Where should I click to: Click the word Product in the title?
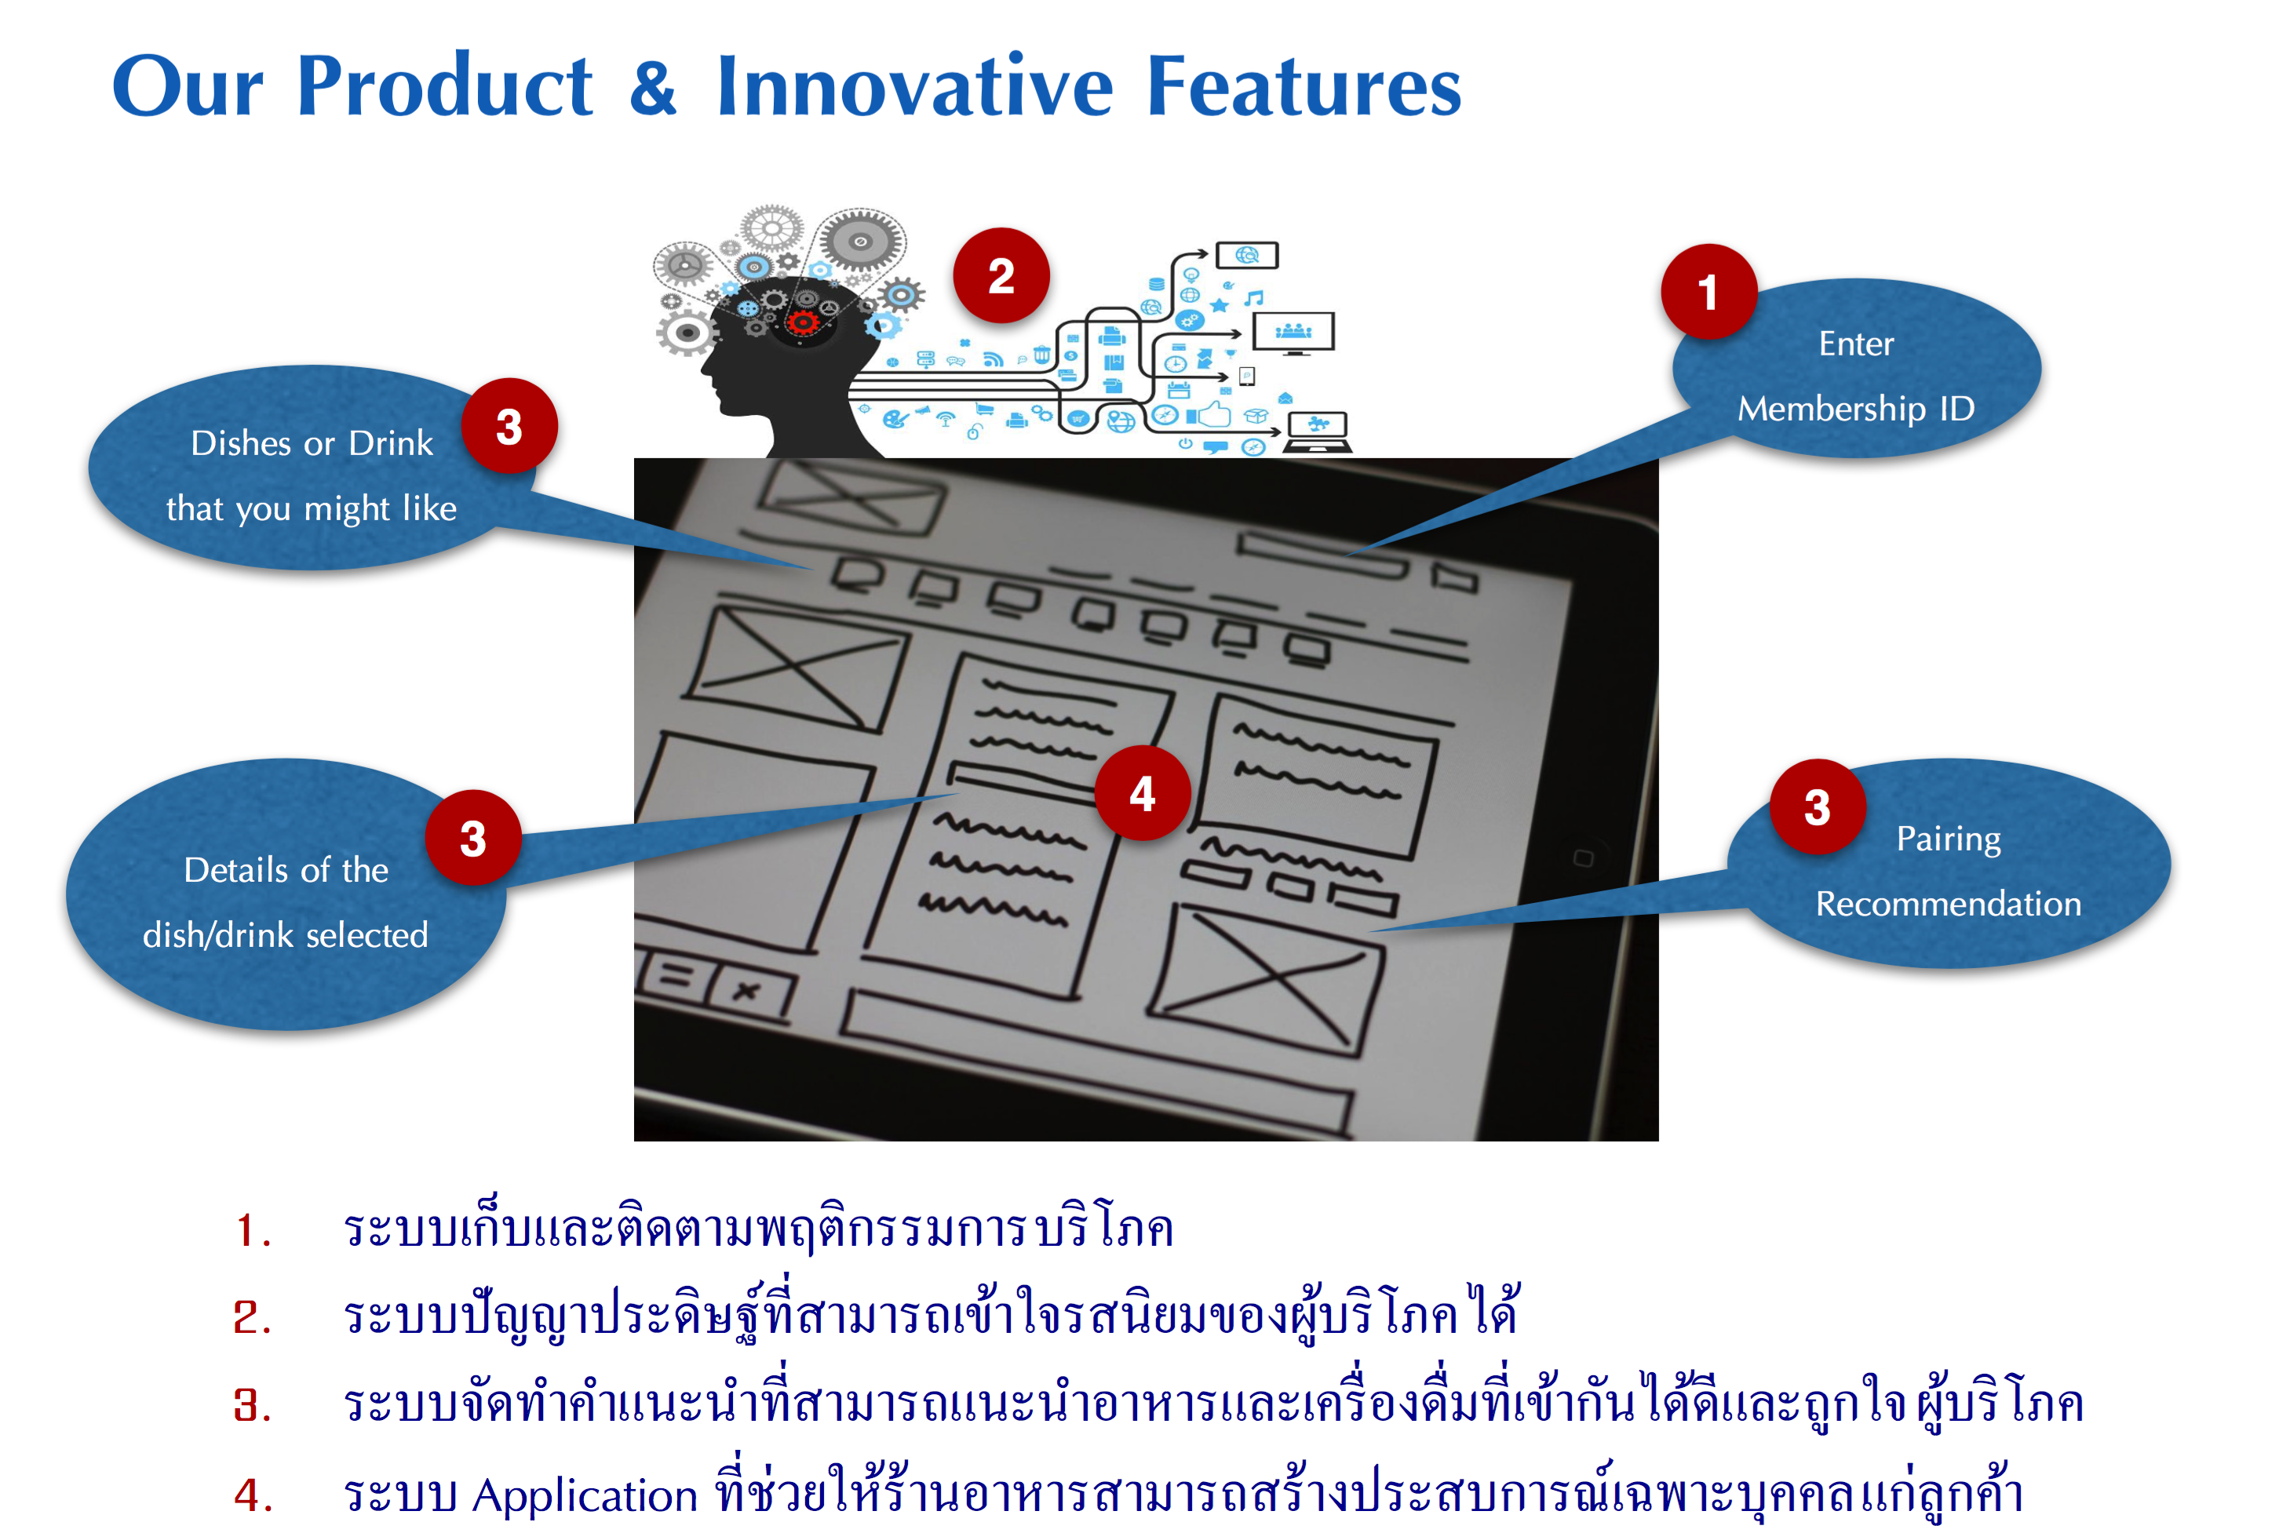pos(444,86)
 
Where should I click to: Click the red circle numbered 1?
pos(1707,293)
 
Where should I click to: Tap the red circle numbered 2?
pos(1001,275)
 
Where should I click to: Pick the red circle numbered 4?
pos(1142,793)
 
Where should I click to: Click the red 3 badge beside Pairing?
pos(1817,807)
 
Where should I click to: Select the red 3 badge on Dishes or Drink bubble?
pos(509,426)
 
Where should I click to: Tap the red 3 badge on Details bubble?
pos(472,838)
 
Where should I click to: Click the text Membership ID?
pos(1855,409)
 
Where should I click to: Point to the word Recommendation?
pos(1948,903)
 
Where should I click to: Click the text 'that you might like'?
pos(311,508)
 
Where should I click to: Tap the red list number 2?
pos(251,1317)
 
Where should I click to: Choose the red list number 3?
pos(251,1406)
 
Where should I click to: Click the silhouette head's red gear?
pos(803,322)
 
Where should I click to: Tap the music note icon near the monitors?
pos(1255,297)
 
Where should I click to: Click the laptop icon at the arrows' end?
pos(1317,430)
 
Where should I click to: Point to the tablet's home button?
pos(1583,858)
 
